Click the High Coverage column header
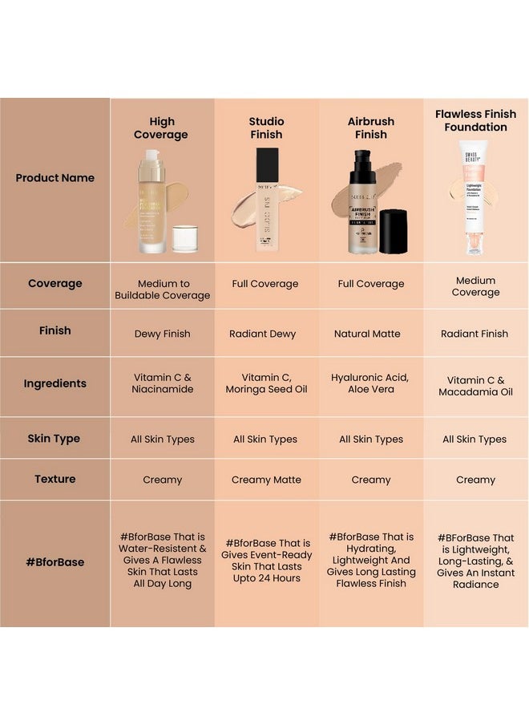pos(161,128)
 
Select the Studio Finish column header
pos(266,128)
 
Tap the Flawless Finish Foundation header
pos(475,120)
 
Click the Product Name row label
pos(55,178)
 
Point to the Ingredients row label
pos(55,384)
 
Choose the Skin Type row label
pos(55,439)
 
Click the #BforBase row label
pos(55,562)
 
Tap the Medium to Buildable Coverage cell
pos(162,290)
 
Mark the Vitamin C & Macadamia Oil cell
pos(475,387)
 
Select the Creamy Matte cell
pos(266,480)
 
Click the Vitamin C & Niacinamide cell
pos(162,383)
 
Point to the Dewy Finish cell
pos(162,334)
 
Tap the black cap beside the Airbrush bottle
pos(394,232)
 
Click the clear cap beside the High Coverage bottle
pos(185,240)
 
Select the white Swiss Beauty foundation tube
pos(474,196)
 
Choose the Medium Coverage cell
pos(475,286)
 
